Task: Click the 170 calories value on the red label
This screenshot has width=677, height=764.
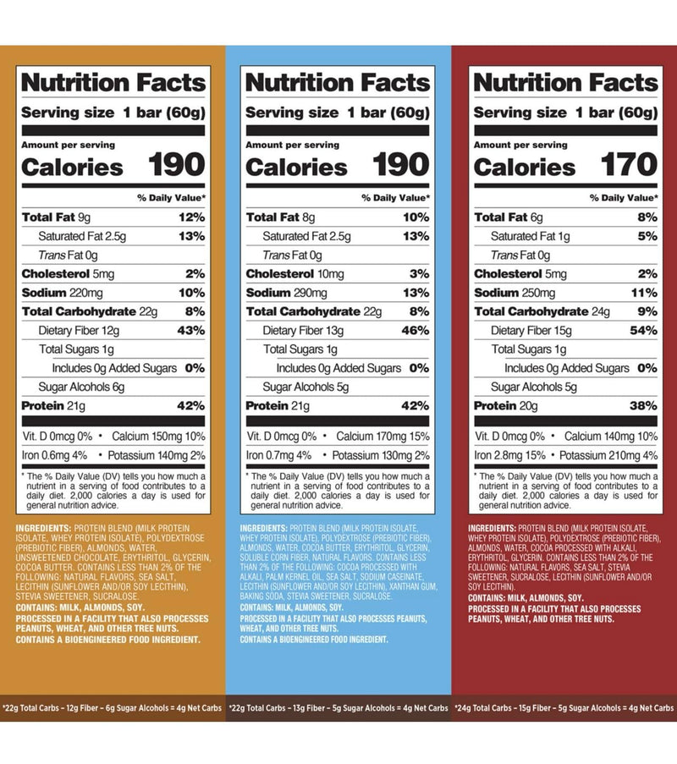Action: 625,165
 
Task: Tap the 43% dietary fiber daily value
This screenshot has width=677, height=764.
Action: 190,330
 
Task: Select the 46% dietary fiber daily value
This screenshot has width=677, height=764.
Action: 415,330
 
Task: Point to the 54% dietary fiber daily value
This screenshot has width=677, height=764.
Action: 642,330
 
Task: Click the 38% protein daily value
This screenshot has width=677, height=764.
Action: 642,406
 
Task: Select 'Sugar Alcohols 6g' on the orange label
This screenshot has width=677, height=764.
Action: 83,387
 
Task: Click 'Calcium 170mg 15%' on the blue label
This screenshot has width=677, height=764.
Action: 384,437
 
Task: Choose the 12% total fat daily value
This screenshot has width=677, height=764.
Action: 190,217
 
